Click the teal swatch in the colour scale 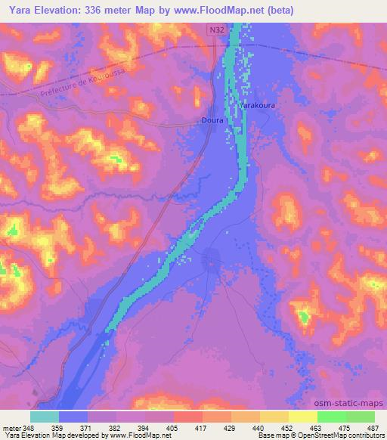click(45, 417)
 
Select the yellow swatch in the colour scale click(302, 417)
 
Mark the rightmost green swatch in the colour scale click(361, 417)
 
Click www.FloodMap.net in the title click(218, 10)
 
